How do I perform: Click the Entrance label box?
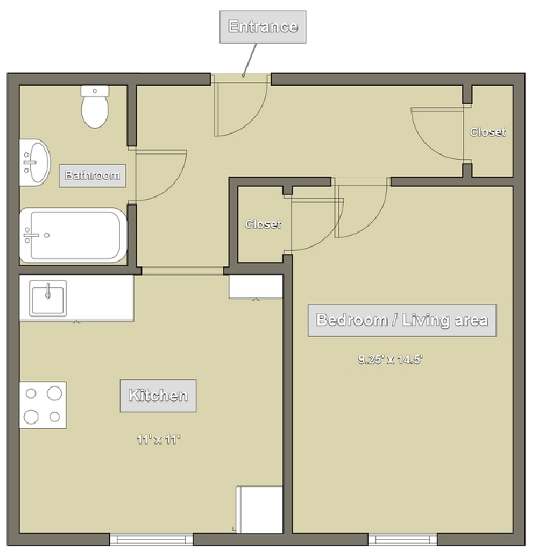(x=263, y=27)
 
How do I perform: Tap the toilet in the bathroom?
(x=95, y=106)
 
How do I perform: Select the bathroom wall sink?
(x=35, y=162)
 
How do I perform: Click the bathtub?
(x=73, y=235)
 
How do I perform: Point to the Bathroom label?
(x=93, y=176)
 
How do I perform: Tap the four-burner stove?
(x=43, y=405)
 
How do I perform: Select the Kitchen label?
(x=158, y=396)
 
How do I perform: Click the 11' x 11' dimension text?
(x=159, y=439)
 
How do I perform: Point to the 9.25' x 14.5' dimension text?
(x=390, y=360)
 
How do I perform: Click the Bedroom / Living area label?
(x=402, y=320)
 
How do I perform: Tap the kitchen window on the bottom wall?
(x=151, y=540)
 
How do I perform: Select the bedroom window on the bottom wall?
(x=403, y=540)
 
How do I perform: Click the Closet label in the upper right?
(x=488, y=132)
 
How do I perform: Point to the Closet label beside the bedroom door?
(x=263, y=224)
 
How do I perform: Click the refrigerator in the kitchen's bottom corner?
(x=260, y=510)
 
